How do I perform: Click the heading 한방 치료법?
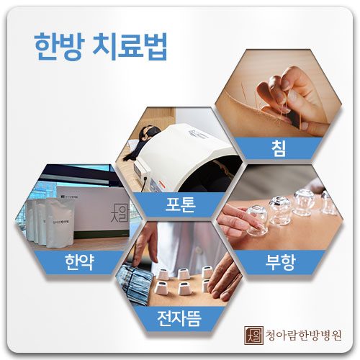[x=101, y=47]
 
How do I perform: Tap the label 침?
[x=279, y=148]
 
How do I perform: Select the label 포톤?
[x=181, y=204]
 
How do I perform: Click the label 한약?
[x=79, y=262]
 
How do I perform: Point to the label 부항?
[x=280, y=262]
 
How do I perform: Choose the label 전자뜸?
[x=179, y=318]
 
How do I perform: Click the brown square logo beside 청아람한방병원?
[x=253, y=336]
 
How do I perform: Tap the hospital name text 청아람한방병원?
[x=303, y=336]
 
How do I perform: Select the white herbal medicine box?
[x=94, y=211]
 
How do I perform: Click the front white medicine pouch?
[x=60, y=223]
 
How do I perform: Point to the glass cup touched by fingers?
[x=256, y=220]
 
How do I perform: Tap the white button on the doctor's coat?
[x=198, y=251]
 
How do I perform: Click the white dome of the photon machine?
[x=189, y=153]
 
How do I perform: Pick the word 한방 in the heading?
[x=60, y=47]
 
